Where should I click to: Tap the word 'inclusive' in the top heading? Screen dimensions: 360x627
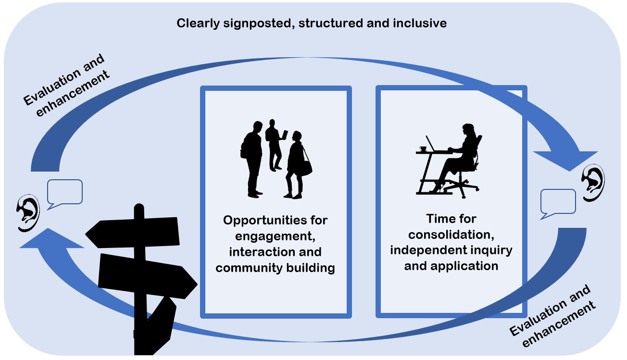tap(420, 23)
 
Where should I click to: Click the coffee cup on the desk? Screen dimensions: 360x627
tap(423, 149)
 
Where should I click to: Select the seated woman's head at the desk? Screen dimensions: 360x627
tap(468, 130)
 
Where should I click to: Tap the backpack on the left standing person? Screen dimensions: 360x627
tap(245, 147)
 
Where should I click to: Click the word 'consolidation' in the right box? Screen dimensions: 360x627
tap(451, 235)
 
